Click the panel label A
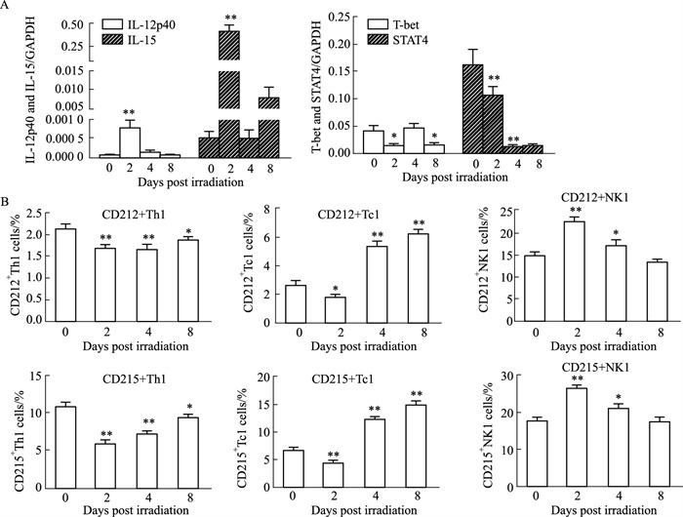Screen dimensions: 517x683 [x=7, y=7]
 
